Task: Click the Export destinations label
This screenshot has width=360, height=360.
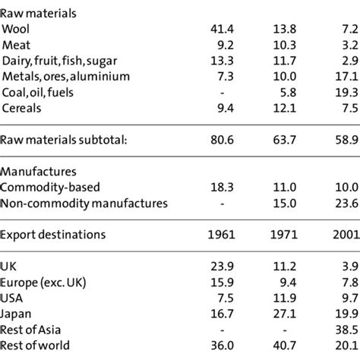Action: pyautogui.click(x=52, y=235)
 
